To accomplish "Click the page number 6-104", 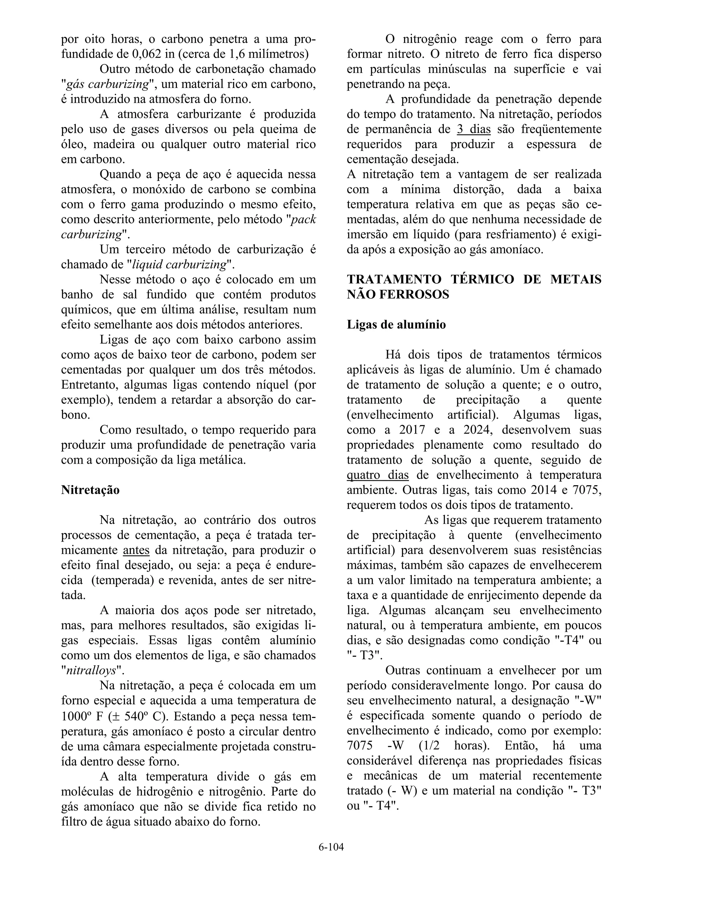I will pyautogui.click(x=331, y=847).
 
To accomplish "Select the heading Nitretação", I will pyautogui.click(x=90, y=490).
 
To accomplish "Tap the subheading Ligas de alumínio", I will pyautogui.click(x=396, y=325).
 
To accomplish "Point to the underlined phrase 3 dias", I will pyautogui.click(x=473, y=129).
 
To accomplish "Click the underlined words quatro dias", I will pyautogui.click(x=377, y=475).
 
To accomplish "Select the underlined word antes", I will pyautogui.click(x=136, y=550).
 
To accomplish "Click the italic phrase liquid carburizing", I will pyautogui.click(x=179, y=264).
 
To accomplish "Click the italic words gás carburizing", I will pyautogui.click(x=108, y=84).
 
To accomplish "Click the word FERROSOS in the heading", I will pyautogui.click(x=414, y=294).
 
